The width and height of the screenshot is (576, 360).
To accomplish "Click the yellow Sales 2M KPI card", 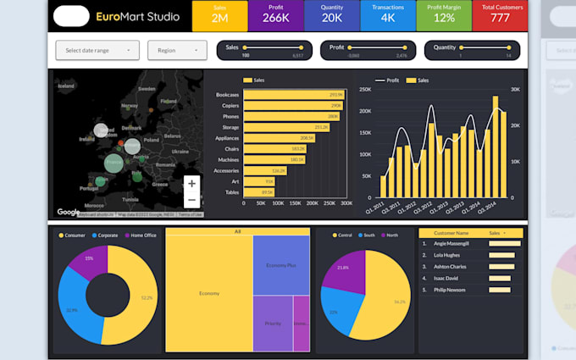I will click(219, 15).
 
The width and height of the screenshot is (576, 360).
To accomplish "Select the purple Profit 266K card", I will click(274, 15).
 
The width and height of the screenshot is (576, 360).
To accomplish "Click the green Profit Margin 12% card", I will click(444, 15).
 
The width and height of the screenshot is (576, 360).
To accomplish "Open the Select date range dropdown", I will click(97, 50).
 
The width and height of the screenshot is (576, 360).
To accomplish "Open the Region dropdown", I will click(177, 50).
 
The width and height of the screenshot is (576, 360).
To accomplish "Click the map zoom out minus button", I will click(192, 200).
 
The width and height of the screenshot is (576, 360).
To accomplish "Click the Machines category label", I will click(227, 159).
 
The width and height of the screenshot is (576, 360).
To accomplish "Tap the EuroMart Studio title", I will click(130, 16).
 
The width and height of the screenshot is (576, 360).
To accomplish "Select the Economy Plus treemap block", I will click(281, 264).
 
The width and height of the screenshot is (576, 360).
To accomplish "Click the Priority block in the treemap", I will click(272, 323).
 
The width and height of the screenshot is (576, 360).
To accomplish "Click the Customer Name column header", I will click(451, 232).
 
